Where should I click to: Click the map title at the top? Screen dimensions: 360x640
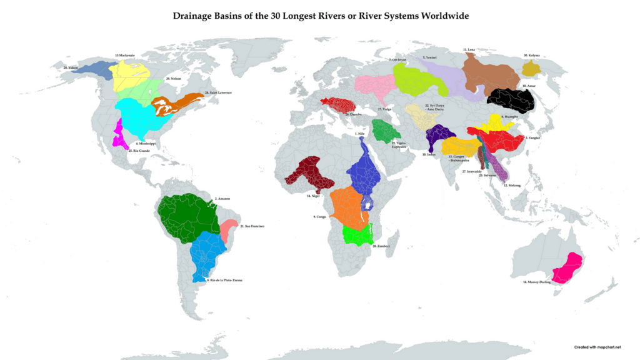[x=320, y=14]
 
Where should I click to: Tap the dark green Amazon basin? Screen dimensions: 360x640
[x=187, y=216]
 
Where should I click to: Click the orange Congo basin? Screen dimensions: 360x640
[x=347, y=206]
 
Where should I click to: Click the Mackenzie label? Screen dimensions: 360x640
[x=124, y=56]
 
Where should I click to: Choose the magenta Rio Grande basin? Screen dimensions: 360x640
[x=117, y=134]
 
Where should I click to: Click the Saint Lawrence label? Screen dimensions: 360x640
[x=218, y=92]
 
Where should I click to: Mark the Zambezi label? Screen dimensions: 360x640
[x=381, y=246]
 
